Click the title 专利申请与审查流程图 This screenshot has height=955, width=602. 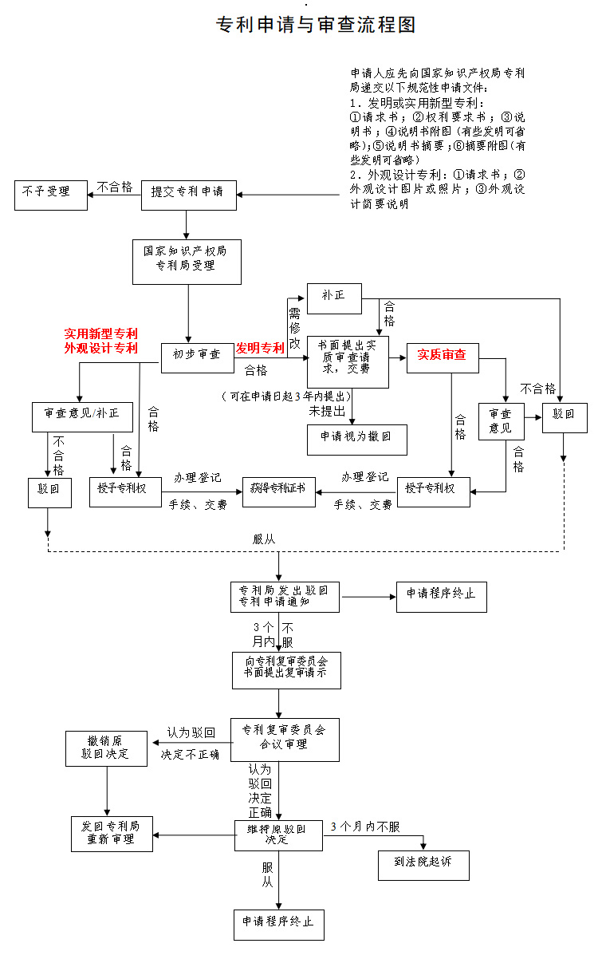pos(316,25)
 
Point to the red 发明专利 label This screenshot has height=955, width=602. pos(259,349)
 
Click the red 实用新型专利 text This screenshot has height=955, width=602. pos(101,333)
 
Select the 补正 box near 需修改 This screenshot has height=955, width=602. pos(333,297)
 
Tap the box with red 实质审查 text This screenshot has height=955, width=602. pos(442,356)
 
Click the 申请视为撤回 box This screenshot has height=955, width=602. pos(356,439)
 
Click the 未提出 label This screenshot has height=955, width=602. pos(327,412)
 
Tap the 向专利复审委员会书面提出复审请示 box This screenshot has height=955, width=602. pos(285,670)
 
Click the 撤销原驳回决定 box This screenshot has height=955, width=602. pos(105,748)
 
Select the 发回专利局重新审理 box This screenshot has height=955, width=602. pos(112,834)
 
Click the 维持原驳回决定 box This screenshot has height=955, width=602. pos(278,835)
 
